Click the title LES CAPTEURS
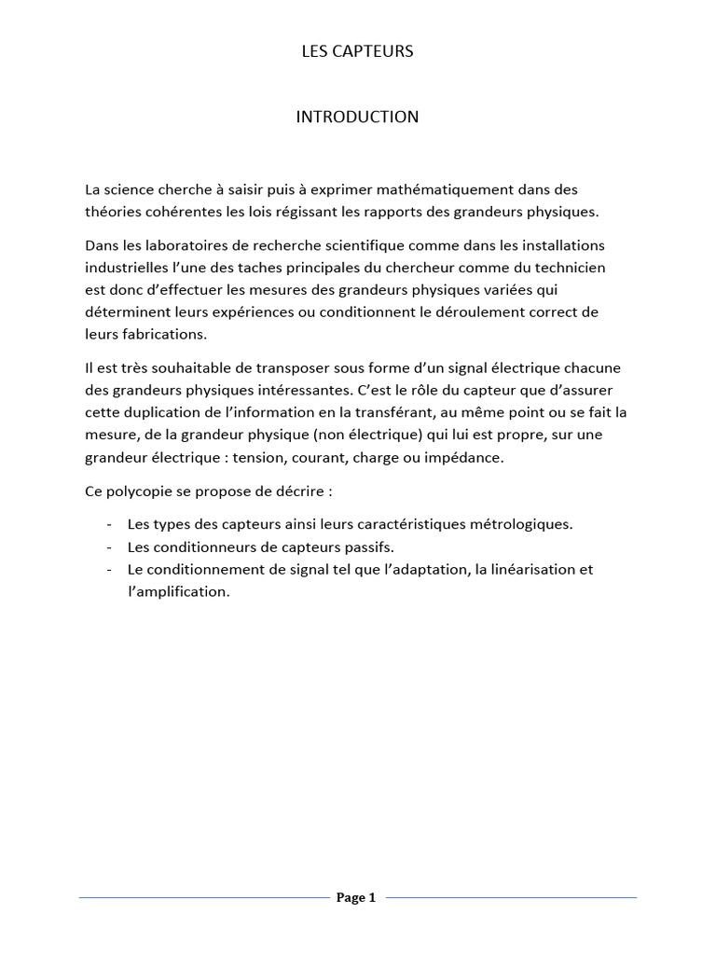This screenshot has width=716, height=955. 357,52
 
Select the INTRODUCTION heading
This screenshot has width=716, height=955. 357,118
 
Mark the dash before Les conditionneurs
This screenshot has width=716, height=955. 110,547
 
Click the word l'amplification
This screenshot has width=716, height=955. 178,592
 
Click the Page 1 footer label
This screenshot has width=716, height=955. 356,898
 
